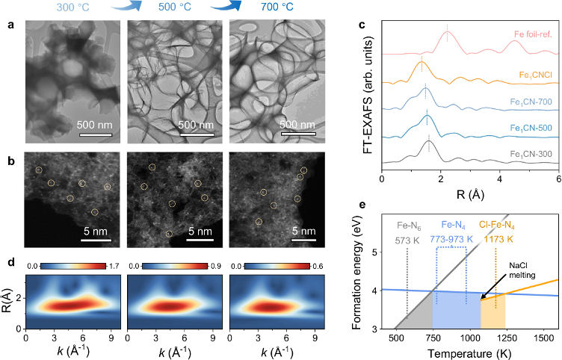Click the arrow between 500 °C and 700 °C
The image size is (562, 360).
point(227,7)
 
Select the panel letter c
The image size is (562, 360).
point(362,25)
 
